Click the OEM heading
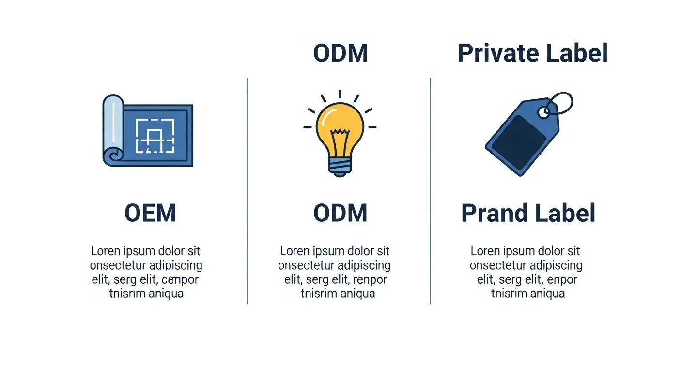(150, 213)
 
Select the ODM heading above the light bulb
(341, 53)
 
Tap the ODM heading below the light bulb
(340, 213)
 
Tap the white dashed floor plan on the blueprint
(155, 136)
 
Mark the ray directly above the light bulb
(340, 94)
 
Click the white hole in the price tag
(543, 113)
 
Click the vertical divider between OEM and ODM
(247, 191)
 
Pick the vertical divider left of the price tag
(430, 191)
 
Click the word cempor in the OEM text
(180, 280)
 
